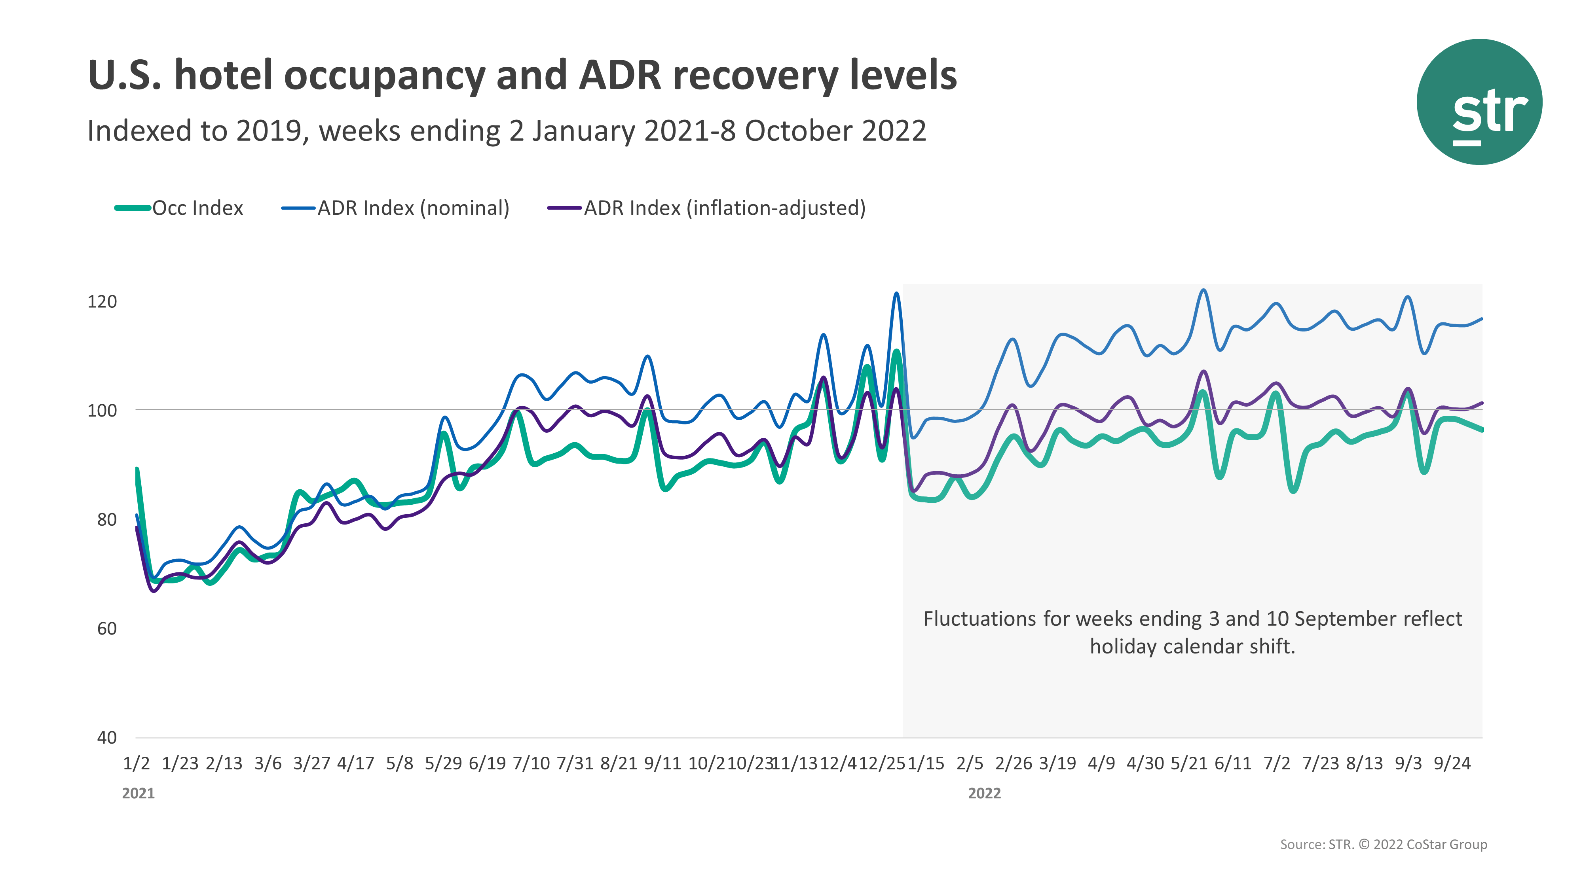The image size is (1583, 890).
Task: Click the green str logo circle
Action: [x=1479, y=102]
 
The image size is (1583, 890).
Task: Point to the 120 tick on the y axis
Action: [x=102, y=301]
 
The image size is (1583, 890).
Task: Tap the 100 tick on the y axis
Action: [x=102, y=410]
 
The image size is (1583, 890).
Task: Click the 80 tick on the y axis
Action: [x=106, y=520]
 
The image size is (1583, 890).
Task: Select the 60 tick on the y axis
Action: [x=106, y=629]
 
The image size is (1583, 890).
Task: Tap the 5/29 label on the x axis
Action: [x=443, y=763]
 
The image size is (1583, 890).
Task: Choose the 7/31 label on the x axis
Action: [x=575, y=763]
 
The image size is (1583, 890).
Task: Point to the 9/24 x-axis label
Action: [x=1452, y=763]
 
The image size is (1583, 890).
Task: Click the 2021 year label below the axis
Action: [x=138, y=793]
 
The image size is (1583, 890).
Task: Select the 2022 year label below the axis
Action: [x=985, y=793]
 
